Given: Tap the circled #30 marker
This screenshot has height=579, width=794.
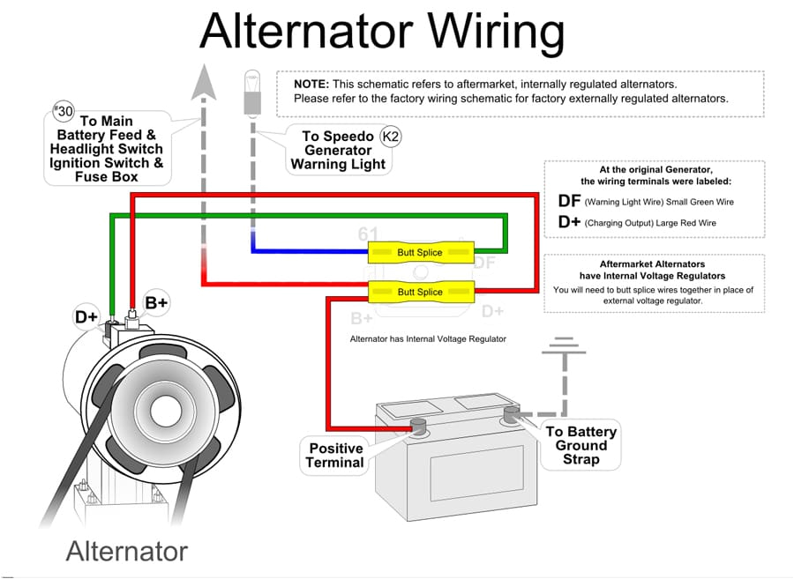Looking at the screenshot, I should [x=64, y=112].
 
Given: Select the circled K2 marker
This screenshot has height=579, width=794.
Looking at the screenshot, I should [x=389, y=137].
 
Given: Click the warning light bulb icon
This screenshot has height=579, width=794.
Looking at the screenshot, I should [x=252, y=93].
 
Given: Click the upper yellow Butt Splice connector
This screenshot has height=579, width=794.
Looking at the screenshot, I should [x=420, y=253].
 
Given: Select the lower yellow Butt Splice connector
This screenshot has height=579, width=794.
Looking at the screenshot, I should [x=420, y=292].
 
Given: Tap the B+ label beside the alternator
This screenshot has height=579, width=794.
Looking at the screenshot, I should [x=156, y=303].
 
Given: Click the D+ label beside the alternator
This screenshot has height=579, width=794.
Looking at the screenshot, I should [x=86, y=315].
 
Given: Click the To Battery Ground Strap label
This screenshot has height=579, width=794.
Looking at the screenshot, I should [x=581, y=445].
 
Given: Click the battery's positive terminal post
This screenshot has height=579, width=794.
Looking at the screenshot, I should [x=418, y=427].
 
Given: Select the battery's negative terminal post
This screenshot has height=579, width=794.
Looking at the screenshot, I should [x=510, y=412].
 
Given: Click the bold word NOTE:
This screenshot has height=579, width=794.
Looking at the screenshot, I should [x=311, y=84].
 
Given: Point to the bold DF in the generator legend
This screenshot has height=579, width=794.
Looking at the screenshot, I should [x=569, y=201].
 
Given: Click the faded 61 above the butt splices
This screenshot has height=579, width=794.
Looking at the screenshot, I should [x=368, y=234].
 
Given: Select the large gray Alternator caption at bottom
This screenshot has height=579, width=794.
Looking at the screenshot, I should [x=127, y=552].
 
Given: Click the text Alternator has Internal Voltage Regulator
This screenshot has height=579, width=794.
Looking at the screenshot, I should [x=428, y=338].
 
